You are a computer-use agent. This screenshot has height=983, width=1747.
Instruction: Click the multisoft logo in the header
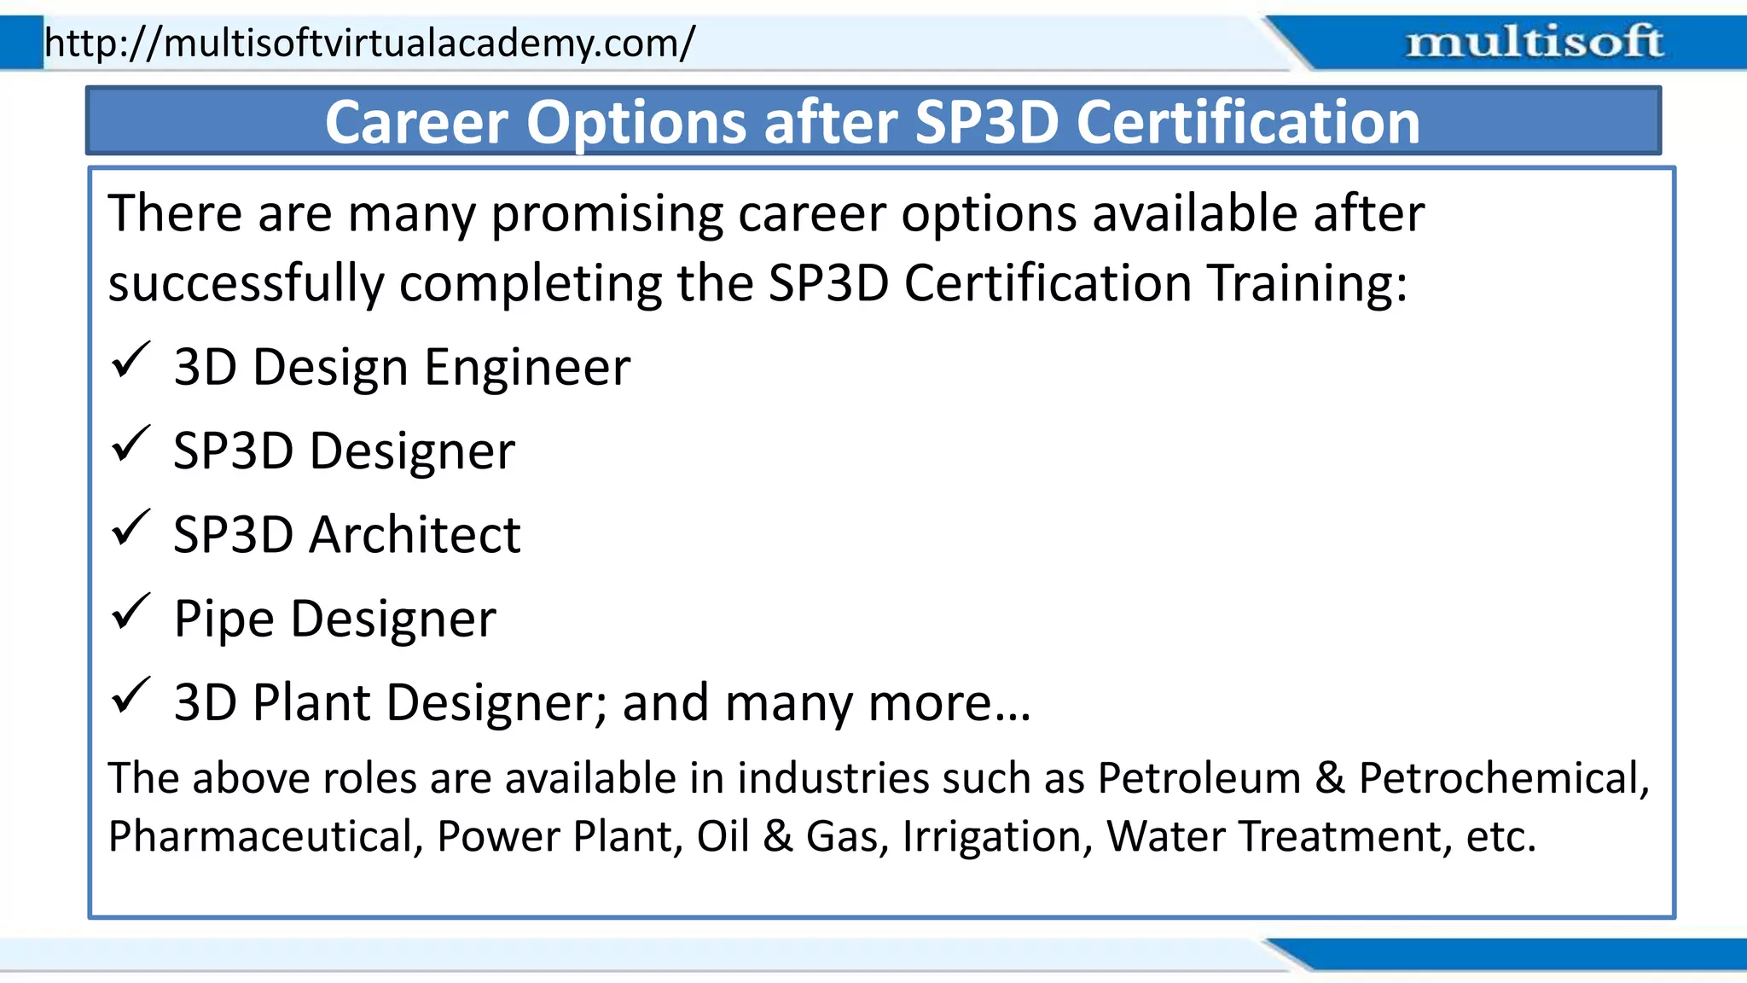click(1534, 42)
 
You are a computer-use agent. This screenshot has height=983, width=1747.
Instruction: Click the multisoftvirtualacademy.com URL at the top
click(369, 42)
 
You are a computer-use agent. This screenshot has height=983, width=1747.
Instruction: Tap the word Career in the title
click(416, 122)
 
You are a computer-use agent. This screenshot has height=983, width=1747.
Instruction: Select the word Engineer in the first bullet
click(527, 368)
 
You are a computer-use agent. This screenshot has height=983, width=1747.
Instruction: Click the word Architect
click(415, 535)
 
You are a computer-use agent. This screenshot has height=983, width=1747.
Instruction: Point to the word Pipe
click(223, 619)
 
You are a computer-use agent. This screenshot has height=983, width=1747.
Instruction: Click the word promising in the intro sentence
click(607, 213)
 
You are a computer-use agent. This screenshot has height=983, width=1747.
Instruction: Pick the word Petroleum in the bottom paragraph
click(1199, 778)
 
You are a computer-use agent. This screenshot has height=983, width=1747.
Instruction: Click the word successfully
click(246, 283)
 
